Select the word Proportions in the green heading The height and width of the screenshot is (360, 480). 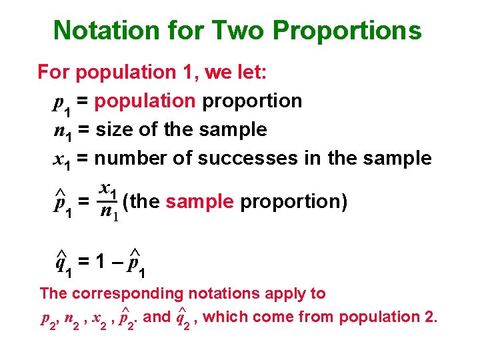click(347, 31)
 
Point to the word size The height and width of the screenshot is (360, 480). click(114, 129)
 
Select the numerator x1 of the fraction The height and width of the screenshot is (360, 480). click(107, 190)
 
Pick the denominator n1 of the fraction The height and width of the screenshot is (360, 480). click(107, 213)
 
